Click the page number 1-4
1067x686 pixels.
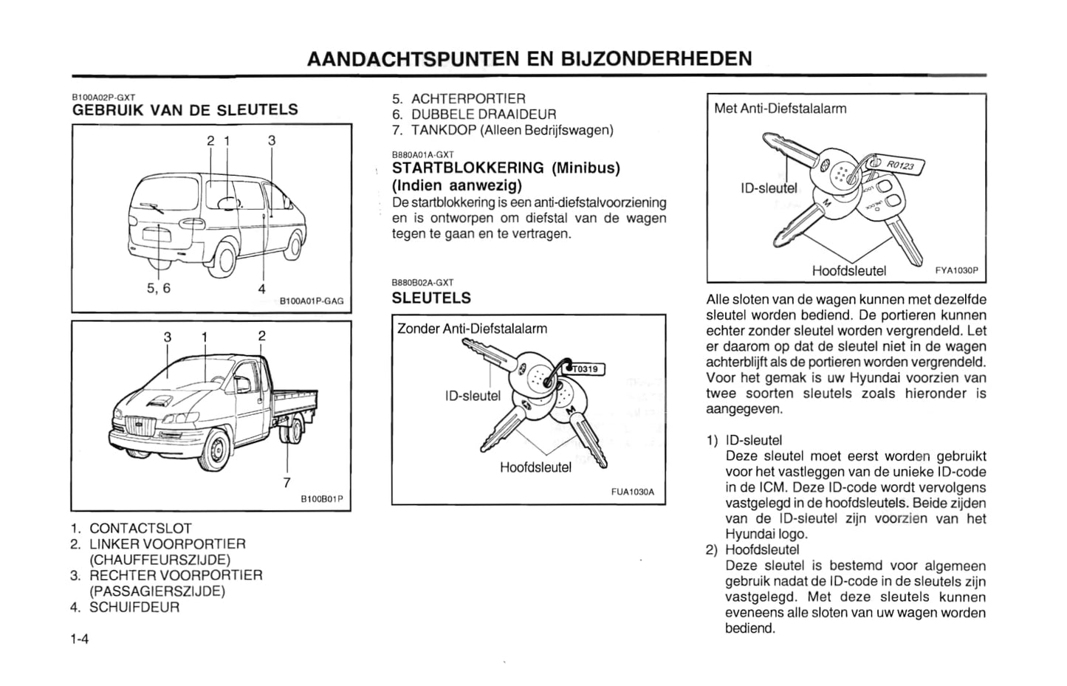[x=80, y=639]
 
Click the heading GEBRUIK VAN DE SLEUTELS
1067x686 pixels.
[x=185, y=110]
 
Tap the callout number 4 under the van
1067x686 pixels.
[x=261, y=289]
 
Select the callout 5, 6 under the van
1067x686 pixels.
[x=158, y=288]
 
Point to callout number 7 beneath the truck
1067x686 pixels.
[x=287, y=483]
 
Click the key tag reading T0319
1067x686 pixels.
[x=586, y=369]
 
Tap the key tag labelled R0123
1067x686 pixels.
[x=900, y=166]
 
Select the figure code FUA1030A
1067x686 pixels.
[x=633, y=492]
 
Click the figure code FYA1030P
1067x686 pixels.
[x=956, y=271]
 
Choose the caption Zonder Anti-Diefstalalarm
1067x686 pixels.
[x=473, y=329]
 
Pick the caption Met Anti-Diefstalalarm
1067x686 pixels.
[x=780, y=109]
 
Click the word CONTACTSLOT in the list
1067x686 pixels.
[x=140, y=529]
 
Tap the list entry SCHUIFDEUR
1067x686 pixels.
[x=134, y=607]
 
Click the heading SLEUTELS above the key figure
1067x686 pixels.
[x=431, y=298]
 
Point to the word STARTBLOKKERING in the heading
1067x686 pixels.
[x=468, y=168]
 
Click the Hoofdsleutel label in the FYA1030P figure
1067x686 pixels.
[x=848, y=271]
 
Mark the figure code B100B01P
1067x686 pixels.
[x=321, y=500]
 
